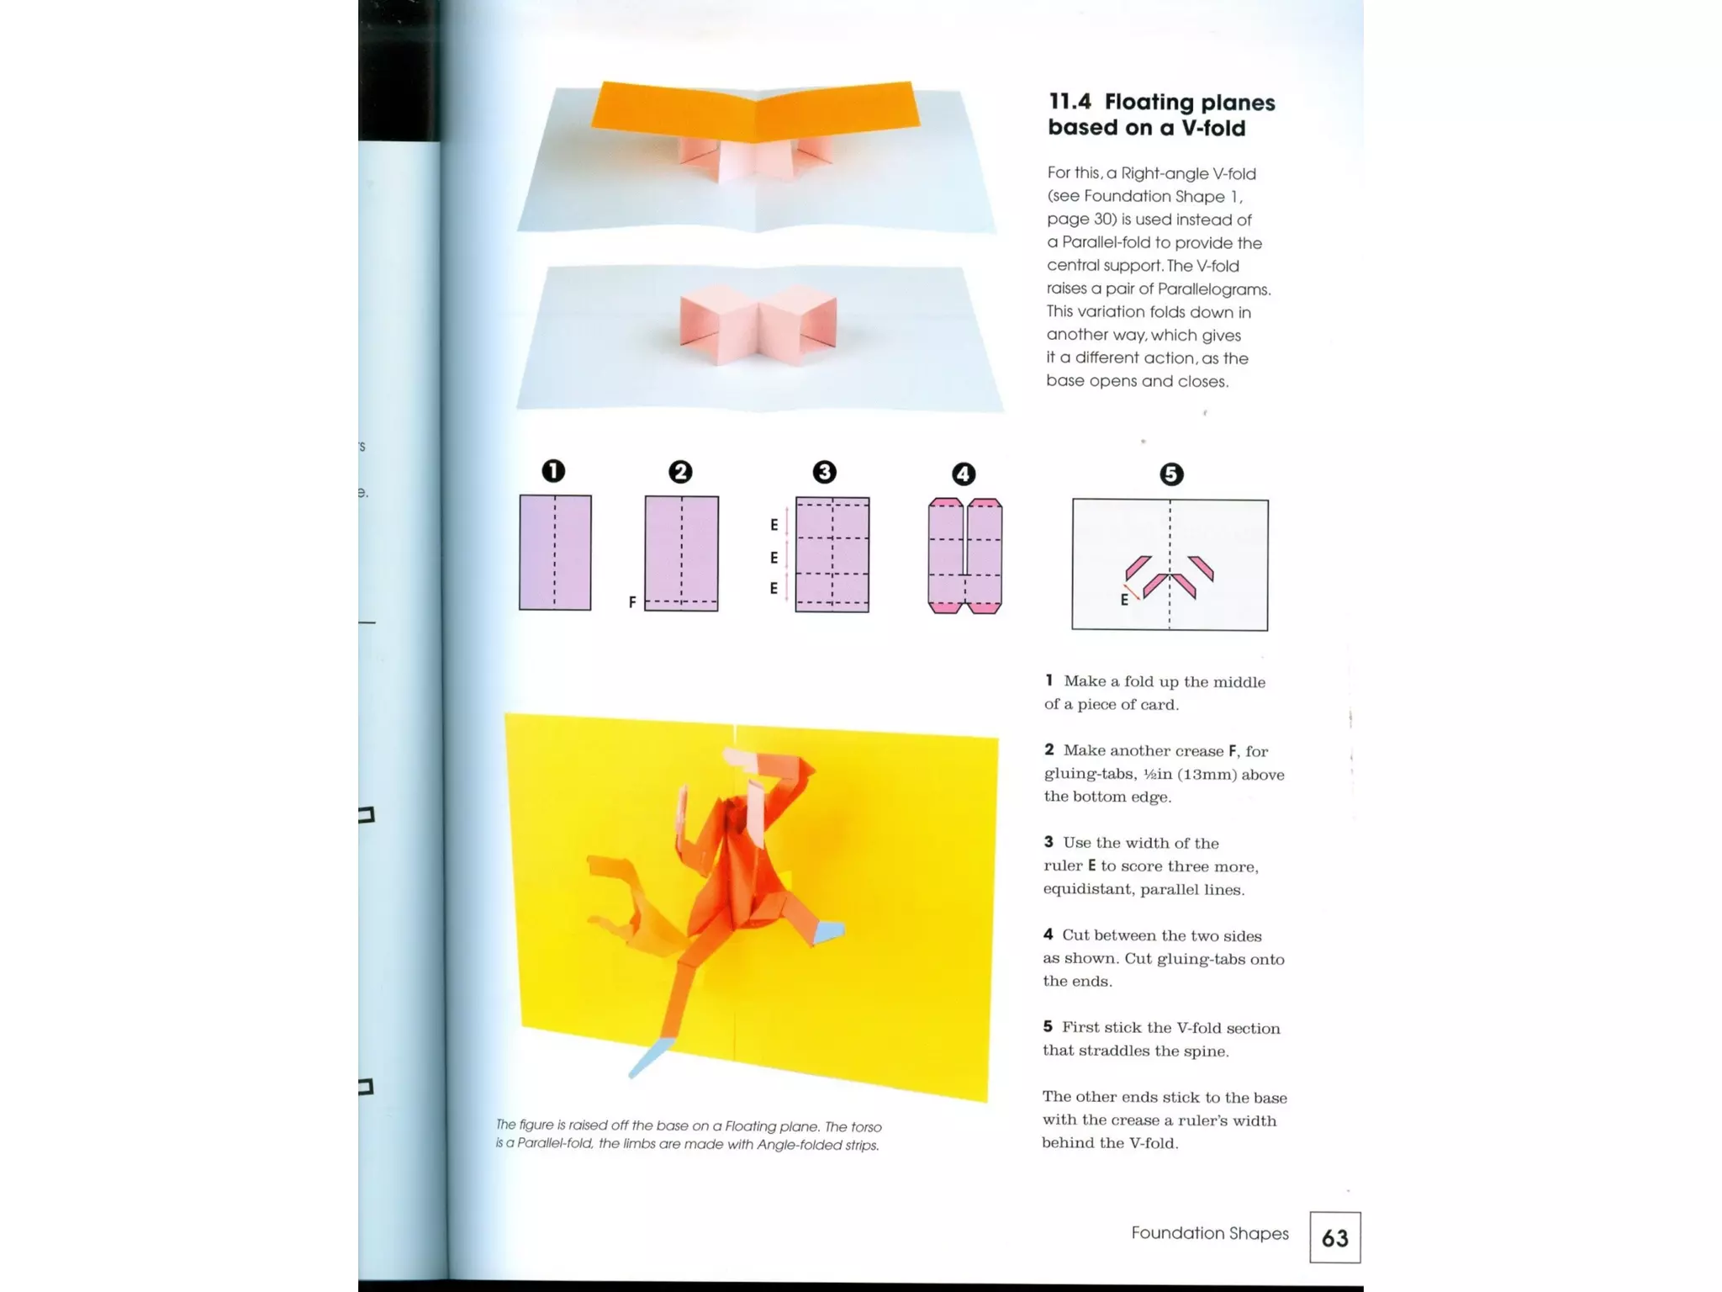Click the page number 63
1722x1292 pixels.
[1334, 1237]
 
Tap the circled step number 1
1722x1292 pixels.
[553, 470]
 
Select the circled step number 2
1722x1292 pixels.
[680, 471]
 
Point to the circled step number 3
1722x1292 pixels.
[824, 472]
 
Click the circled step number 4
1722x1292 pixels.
[964, 474]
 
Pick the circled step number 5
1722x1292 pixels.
[1171, 474]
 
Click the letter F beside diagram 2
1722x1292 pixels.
[632, 602]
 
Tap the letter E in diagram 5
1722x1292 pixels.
[1124, 600]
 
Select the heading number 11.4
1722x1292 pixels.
[1070, 102]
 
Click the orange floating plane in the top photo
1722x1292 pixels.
[754, 112]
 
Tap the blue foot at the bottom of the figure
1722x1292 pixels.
[649, 1058]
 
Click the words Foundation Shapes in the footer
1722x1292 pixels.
[1209, 1233]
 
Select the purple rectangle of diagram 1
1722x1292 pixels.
[555, 553]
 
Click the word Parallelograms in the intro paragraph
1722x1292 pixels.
[1213, 289]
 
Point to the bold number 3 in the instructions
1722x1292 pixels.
[1049, 842]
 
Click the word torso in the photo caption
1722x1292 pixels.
[865, 1127]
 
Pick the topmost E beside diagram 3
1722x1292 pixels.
[774, 525]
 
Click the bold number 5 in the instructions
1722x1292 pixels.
[1048, 1027]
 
